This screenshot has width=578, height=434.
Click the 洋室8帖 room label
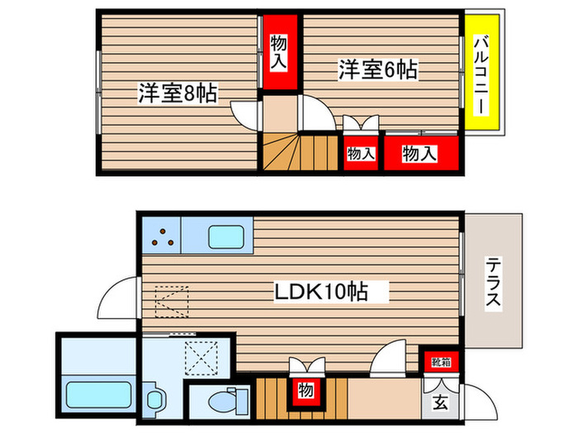[178, 93]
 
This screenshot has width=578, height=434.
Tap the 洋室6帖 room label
[377, 70]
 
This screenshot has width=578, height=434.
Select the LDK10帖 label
[321, 292]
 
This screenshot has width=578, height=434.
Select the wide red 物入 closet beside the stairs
[419, 153]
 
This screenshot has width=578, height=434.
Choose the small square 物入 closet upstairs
[360, 153]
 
